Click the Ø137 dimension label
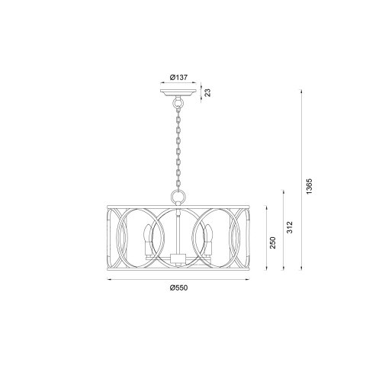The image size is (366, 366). point(178,77)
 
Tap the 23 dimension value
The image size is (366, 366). point(208,93)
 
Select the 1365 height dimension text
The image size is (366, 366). point(309,186)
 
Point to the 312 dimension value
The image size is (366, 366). point(290,227)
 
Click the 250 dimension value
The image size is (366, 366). point(272,242)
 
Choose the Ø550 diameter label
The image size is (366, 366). point(178,287)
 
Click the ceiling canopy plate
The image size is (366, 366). point(178,93)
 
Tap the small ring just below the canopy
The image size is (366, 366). point(178,103)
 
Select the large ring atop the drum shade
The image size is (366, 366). point(178,196)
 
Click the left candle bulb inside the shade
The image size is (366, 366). point(146,240)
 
